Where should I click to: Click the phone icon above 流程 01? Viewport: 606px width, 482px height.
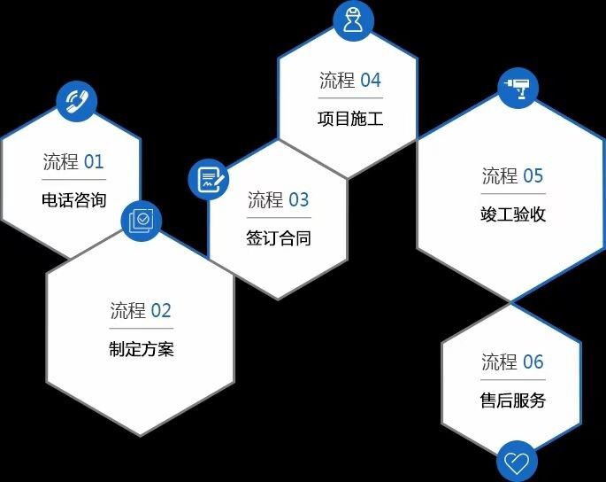click(76, 101)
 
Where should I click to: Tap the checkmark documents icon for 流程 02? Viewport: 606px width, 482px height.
click(141, 221)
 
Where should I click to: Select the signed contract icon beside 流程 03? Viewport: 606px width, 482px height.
click(209, 179)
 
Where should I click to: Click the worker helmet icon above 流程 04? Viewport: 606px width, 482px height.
click(353, 20)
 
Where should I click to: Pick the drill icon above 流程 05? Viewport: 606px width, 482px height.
click(518, 89)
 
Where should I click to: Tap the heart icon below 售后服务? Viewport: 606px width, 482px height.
click(517, 462)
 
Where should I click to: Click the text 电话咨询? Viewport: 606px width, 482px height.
click(73, 200)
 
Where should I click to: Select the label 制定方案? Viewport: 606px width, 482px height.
click(142, 349)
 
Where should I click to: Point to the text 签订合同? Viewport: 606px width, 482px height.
click(279, 237)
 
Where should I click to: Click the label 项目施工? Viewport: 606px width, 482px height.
click(350, 119)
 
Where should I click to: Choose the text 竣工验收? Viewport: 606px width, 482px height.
click(513, 214)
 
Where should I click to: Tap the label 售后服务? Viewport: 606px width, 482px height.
click(513, 400)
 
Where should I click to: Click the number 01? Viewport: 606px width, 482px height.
click(94, 162)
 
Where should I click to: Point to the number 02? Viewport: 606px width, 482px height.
click(161, 311)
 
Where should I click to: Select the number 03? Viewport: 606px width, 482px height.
click(299, 200)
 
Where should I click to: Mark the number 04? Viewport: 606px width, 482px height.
click(371, 81)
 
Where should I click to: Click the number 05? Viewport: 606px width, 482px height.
click(533, 176)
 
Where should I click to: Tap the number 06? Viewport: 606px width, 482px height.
click(533, 362)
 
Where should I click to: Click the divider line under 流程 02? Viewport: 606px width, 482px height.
click(142, 329)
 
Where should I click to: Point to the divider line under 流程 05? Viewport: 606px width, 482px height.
click(513, 193)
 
